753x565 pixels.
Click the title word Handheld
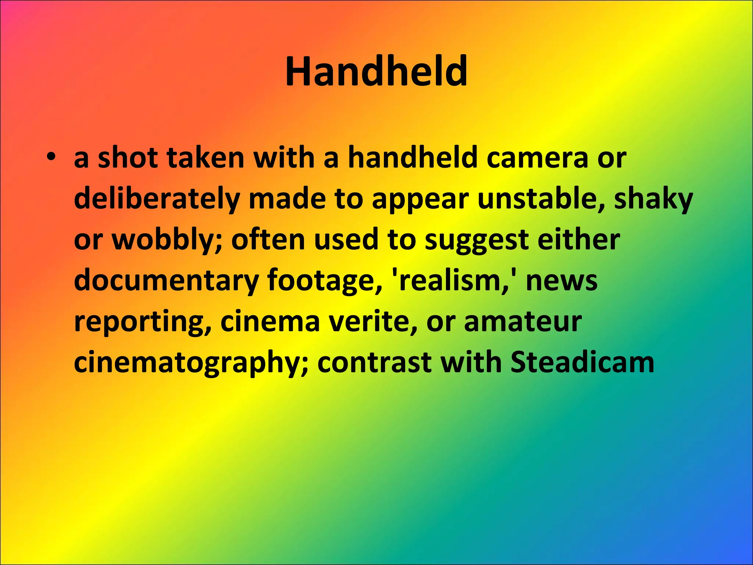point(376,72)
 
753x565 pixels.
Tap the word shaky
point(653,199)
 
